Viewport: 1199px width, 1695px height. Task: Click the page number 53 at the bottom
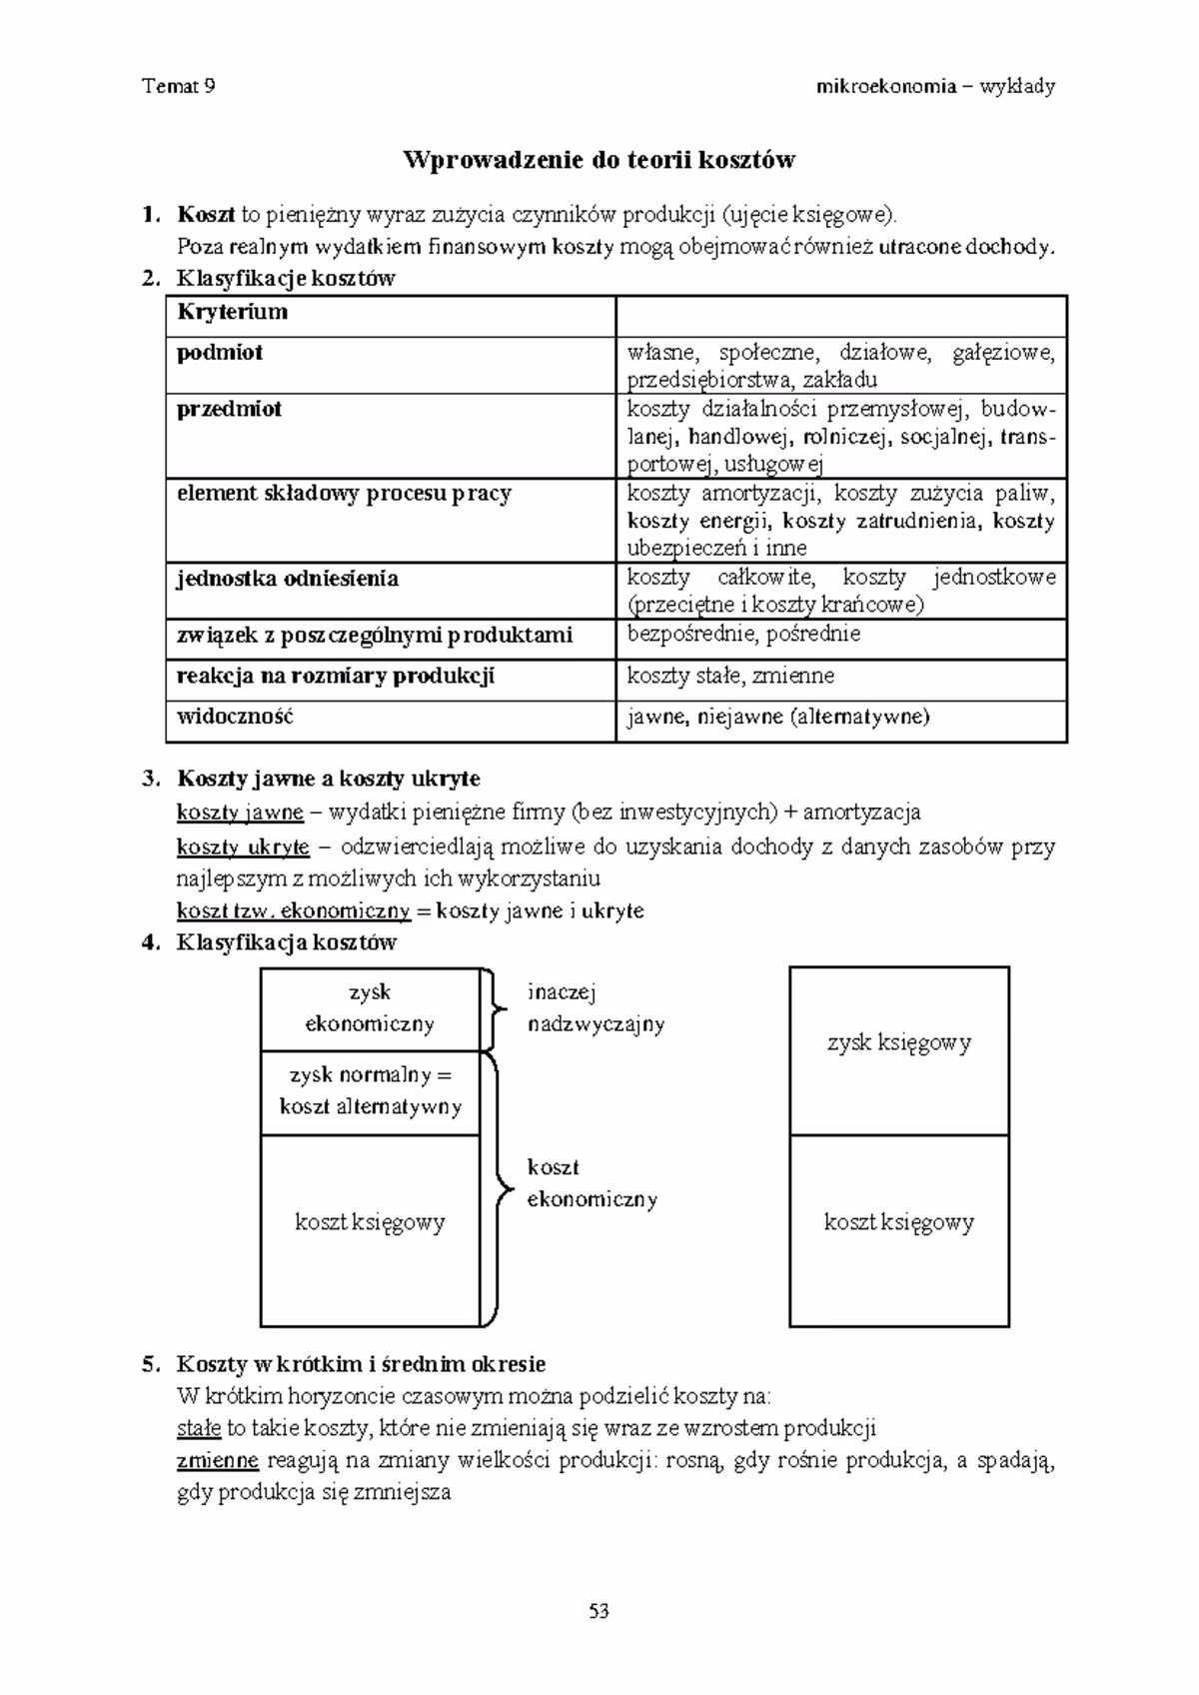599,1611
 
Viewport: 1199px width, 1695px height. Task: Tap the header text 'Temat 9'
180,86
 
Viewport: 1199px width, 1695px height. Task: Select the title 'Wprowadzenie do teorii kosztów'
599,160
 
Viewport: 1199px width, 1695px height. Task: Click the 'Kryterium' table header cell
232,312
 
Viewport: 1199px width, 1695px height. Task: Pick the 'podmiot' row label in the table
220,353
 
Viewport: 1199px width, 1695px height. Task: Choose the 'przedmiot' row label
229,409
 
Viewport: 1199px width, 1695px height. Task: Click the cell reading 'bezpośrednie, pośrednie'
743,634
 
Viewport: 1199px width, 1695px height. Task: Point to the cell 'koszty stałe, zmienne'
730,676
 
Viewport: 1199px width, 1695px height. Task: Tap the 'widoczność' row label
235,717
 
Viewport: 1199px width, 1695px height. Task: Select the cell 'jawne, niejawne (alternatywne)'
777,717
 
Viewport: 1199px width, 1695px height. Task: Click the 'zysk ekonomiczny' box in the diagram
370,1007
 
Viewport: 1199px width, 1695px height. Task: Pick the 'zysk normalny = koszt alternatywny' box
370,1091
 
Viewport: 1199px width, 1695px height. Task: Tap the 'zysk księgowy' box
899,1043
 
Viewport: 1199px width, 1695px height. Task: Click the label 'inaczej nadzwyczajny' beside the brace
596,1007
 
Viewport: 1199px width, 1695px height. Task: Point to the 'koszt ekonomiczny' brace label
592,1183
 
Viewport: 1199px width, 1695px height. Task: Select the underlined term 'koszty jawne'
240,812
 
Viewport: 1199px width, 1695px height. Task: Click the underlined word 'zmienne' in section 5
217,1460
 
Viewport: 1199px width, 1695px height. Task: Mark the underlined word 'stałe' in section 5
198,1427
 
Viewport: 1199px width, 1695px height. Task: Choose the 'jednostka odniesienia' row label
287,579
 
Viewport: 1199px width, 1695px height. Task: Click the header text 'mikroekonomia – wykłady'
935,86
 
